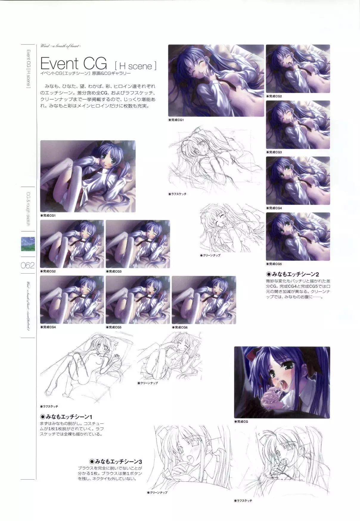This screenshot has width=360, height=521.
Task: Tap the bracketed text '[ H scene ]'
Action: click(x=135, y=66)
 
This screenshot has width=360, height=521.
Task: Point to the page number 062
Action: click(x=28, y=265)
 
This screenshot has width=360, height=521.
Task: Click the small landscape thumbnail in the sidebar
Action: click(x=28, y=244)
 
